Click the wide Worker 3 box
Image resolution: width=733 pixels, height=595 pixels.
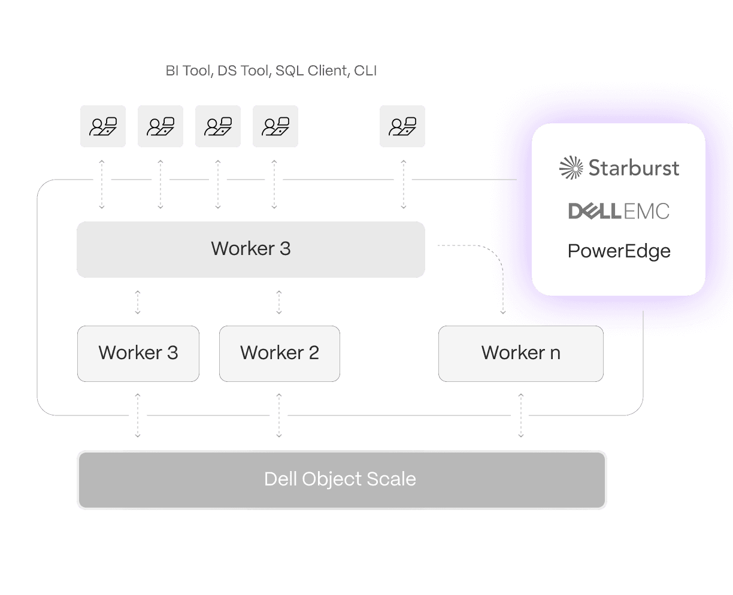coord(250,249)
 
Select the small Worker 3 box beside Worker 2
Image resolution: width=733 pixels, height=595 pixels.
coord(138,353)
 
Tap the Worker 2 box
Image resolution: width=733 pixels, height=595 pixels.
coord(280,353)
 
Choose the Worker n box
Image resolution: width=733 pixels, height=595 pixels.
coord(520,353)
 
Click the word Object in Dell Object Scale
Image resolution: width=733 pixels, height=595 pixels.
coord(332,479)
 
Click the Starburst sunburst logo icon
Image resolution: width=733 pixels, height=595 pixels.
coord(571,168)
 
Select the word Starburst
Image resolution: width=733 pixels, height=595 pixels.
coord(634,168)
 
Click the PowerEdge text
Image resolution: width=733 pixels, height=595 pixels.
coord(619,251)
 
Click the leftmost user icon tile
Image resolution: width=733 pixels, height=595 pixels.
coord(103,126)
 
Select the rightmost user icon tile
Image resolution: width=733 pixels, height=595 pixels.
coord(402,126)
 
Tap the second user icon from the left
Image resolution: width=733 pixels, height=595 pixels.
coord(160,126)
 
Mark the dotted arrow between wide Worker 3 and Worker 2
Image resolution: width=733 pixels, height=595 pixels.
coord(279,302)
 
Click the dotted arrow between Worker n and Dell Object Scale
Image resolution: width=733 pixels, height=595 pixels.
coord(521,415)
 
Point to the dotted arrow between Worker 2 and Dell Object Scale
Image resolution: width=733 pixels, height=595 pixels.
coord(279,415)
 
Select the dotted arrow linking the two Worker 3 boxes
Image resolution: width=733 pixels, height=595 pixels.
coord(138,302)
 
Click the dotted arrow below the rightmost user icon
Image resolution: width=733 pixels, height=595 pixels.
coord(403,184)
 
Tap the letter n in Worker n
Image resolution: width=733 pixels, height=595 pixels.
coord(555,353)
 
